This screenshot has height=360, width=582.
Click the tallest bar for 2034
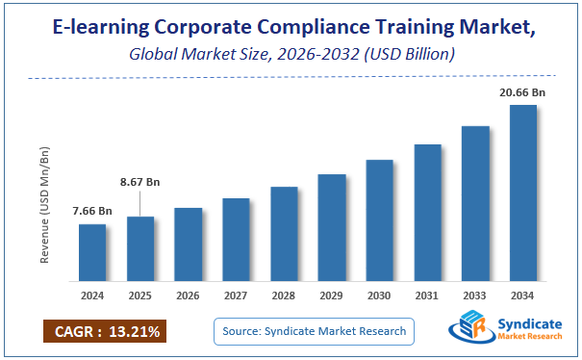(523, 192)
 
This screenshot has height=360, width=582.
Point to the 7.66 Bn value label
(92, 211)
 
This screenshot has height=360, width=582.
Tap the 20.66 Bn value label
(523, 91)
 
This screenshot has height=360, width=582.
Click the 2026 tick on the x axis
(189, 296)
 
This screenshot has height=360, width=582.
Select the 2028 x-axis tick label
(284, 296)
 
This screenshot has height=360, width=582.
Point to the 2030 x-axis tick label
(380, 296)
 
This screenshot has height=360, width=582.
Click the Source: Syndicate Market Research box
(314, 332)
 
